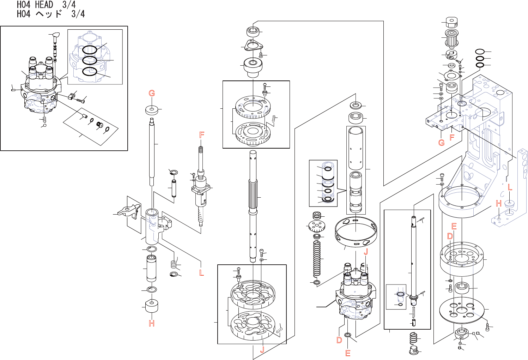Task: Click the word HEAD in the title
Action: (44, 5)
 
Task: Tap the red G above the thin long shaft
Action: (152, 93)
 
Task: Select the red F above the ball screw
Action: (202, 135)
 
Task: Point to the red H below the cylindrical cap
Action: (152, 323)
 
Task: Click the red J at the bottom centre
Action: (262, 350)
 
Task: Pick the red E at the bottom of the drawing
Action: (348, 353)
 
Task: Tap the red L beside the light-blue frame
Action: (510, 188)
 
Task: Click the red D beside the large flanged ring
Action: (450, 236)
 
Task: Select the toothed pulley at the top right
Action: (451, 38)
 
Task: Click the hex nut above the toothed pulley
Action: (451, 22)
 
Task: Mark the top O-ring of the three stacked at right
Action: (480, 52)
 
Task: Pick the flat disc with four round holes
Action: (461, 309)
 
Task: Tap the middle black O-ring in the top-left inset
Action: (90, 60)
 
